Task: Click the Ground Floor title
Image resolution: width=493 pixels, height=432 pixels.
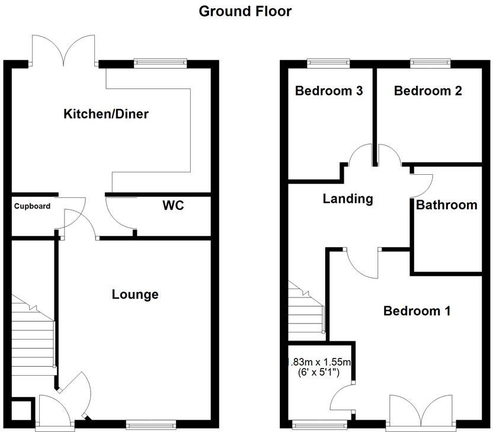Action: click(245, 11)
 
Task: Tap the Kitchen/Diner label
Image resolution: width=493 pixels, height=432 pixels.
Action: click(106, 114)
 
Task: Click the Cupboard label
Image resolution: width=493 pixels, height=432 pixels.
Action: click(33, 207)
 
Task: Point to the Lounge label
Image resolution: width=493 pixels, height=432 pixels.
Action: click(135, 294)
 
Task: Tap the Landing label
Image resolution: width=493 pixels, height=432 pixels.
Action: click(348, 199)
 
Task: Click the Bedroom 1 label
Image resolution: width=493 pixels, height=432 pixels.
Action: click(417, 311)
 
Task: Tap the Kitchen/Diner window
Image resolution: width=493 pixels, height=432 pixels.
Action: click(160, 62)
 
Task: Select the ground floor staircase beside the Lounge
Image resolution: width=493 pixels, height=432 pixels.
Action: click(34, 338)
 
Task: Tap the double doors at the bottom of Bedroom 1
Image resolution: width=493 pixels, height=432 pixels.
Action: click(423, 409)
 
